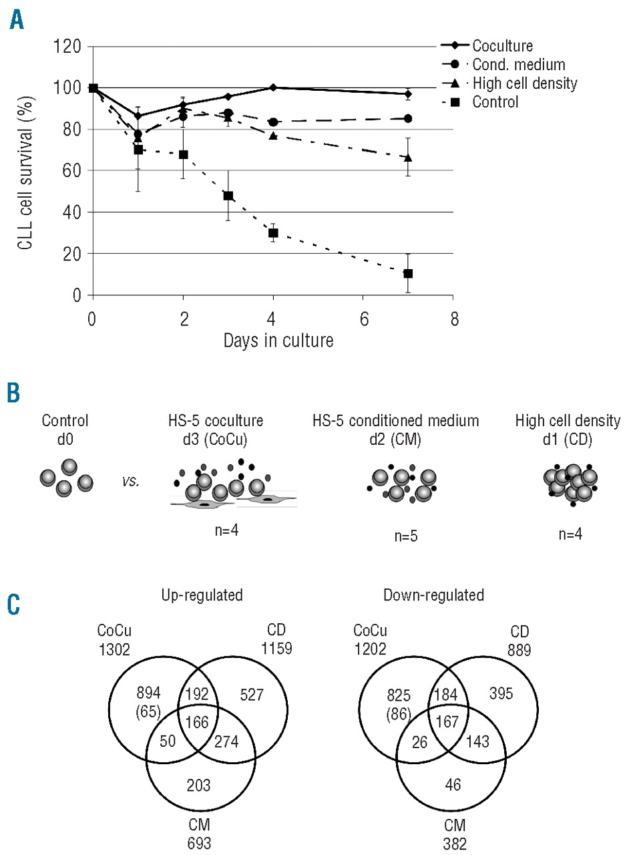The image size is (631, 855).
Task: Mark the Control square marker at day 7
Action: [x=408, y=273]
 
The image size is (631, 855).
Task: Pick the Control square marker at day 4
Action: [x=273, y=233]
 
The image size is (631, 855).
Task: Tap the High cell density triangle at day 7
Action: [x=408, y=158]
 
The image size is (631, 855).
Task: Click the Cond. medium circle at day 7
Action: [x=408, y=119]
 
